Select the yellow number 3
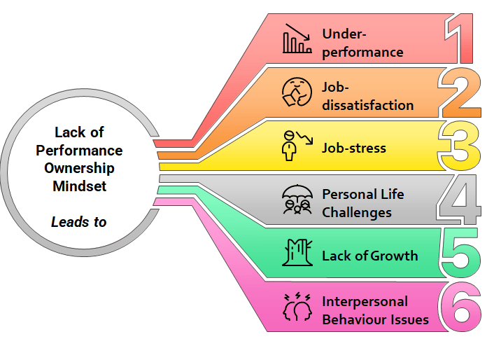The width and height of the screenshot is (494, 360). click(460, 146)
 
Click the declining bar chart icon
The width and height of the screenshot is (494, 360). click(297, 40)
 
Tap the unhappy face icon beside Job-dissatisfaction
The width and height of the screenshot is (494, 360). click(296, 94)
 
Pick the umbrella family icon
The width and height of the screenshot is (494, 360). click(296, 201)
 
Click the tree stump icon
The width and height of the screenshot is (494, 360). click(295, 254)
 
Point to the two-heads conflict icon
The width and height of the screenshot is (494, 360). click(296, 308)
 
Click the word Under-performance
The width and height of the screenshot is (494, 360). click(362, 43)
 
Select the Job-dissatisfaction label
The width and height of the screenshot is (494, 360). click(367, 97)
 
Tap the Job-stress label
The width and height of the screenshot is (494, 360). click(353, 148)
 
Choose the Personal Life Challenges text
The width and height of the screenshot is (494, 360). click(362, 202)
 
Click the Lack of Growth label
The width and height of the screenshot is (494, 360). click(369, 256)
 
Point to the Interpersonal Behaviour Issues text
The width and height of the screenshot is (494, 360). click(374, 310)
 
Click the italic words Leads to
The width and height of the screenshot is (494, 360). click(79, 221)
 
